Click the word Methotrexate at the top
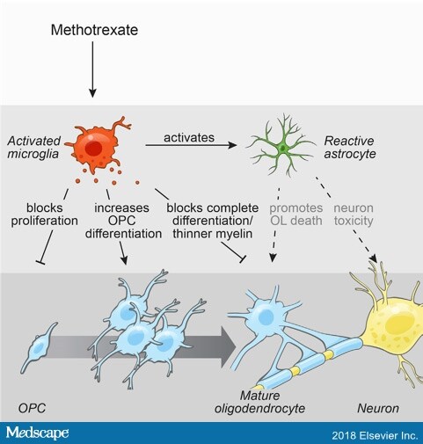coord(94,30)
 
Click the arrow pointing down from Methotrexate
coord(92,69)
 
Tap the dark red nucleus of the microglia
coord(94,149)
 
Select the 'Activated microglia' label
coord(33,147)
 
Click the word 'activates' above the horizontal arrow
coord(189,137)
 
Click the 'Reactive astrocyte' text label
coord(350,147)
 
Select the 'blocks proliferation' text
coord(45,215)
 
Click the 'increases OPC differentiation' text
coord(123,221)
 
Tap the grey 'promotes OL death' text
coord(296,215)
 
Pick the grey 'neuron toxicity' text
coord(354,215)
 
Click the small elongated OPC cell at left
coord(39,347)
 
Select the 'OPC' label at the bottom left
coord(32,408)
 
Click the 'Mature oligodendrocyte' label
coord(259,402)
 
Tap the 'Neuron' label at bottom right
coord(378,408)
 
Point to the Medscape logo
coord(38,433)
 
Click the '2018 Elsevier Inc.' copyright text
coord(375,435)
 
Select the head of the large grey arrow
coord(228,347)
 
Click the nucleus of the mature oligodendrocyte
coord(266,317)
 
